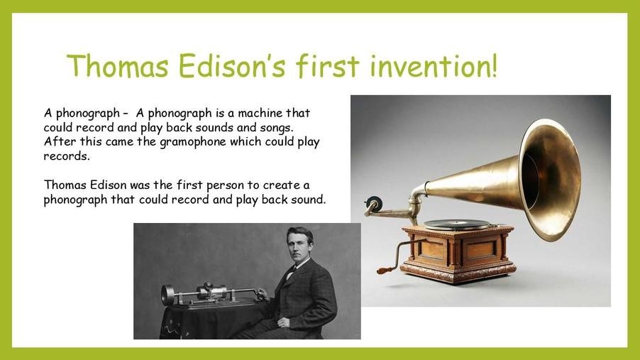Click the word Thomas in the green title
pos(118,65)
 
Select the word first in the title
pos(328,65)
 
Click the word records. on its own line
pos(67,156)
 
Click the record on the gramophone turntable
pos(457,224)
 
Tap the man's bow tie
pos(292,270)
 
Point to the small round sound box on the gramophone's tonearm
pos(373,203)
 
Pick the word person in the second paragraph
pos(226,186)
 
